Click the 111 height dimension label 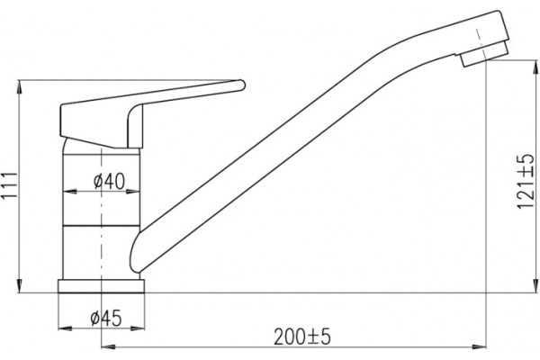[9, 184]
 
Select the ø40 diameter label [109, 181]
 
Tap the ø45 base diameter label [106, 318]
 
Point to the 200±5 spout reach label [302, 337]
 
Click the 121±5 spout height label [526, 181]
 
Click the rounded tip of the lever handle [241, 85]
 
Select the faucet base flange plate [101, 286]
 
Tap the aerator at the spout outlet [484, 54]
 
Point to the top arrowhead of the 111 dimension [19, 86]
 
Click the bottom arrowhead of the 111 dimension [19, 286]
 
